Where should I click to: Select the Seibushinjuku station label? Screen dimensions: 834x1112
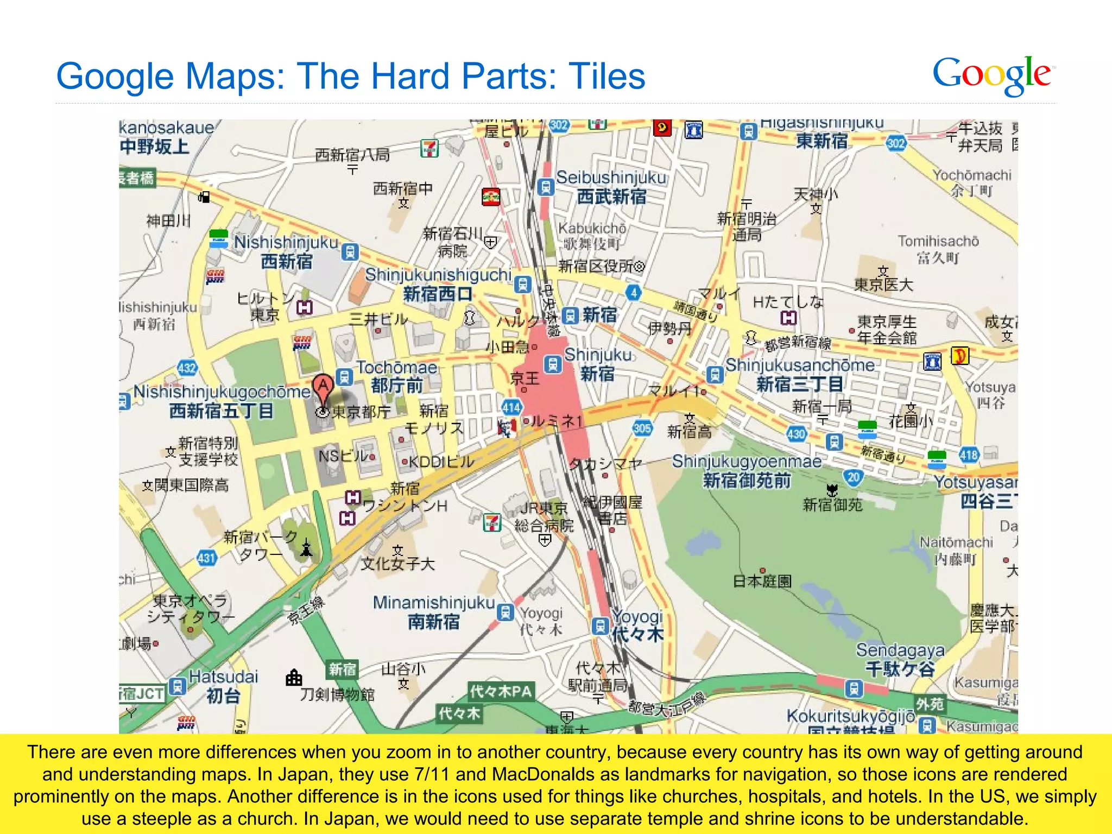pos(611,178)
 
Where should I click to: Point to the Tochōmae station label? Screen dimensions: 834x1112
pos(396,368)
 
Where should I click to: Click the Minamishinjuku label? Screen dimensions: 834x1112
pos(433,603)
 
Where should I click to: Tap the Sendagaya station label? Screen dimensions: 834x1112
pos(900,650)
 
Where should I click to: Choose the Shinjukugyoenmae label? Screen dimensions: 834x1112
pos(747,462)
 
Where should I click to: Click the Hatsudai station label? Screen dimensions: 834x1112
pos(223,677)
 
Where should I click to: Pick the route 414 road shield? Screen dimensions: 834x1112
pos(511,407)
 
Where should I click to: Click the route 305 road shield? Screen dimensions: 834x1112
pos(642,428)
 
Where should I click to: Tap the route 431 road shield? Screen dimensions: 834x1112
pos(206,558)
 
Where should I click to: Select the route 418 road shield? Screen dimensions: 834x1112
pos(969,455)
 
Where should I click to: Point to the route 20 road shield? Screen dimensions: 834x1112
pos(854,477)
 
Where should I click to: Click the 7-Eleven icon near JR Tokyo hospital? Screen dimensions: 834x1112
pos(492,522)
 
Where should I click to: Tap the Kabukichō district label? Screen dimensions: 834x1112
pos(592,228)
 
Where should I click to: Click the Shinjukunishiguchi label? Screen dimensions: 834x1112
pos(438,275)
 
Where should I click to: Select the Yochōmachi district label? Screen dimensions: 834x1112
pos(971,175)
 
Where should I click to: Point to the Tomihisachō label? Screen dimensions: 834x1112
pos(938,241)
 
